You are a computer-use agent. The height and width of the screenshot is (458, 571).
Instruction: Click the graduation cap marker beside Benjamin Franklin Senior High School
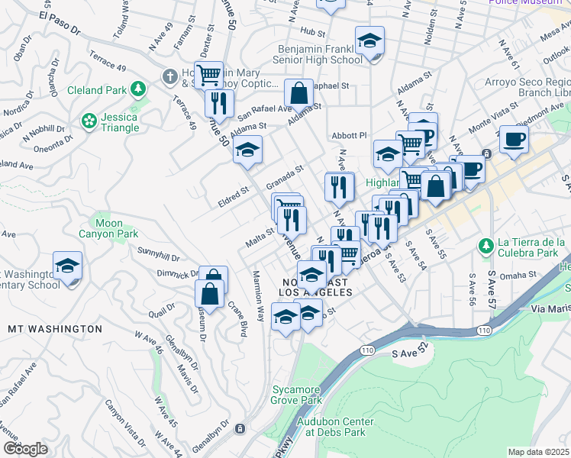point(369,40)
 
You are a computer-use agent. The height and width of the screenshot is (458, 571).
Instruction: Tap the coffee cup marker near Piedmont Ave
point(514,140)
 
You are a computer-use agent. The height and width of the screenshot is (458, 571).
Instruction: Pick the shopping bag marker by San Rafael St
point(299,93)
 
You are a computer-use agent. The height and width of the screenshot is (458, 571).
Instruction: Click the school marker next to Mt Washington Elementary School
point(67,266)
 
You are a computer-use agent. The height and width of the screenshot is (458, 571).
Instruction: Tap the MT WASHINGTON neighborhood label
point(55,328)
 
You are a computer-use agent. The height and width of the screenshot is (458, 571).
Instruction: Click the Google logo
point(25,448)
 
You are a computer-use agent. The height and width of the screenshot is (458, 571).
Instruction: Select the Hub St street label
point(313,31)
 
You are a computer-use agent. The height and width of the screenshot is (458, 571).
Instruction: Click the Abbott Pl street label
point(350,135)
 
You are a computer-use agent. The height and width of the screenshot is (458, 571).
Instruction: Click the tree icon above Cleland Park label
point(138,89)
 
